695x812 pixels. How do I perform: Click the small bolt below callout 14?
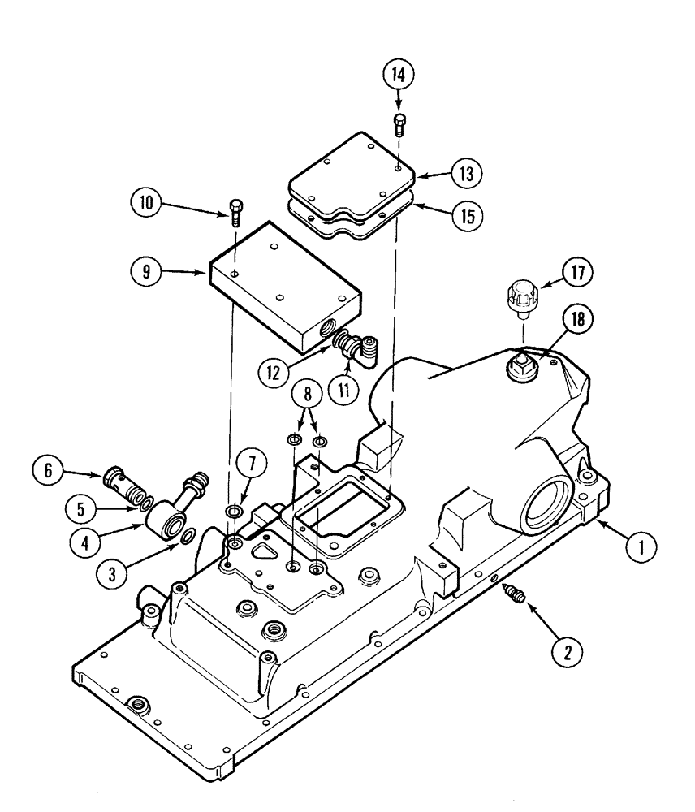click(399, 122)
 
